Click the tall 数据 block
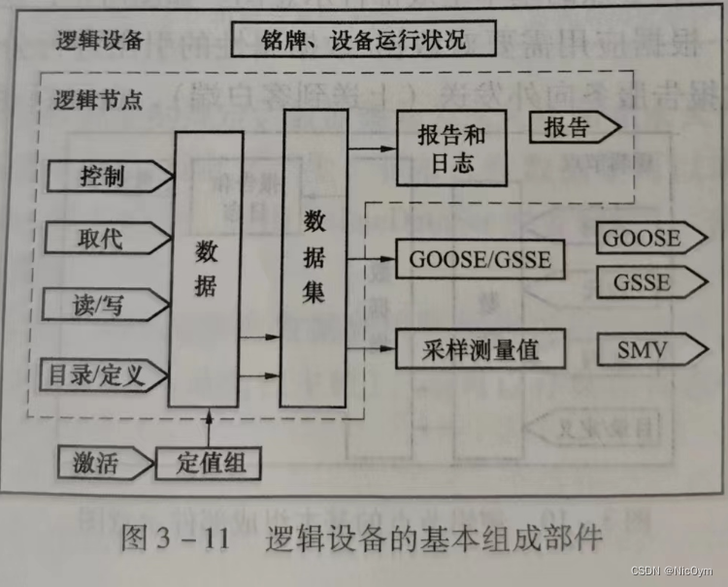[205, 270]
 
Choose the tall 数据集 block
[314, 257]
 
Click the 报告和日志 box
[451, 147]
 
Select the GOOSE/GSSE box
[480, 260]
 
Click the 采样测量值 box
[480, 349]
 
